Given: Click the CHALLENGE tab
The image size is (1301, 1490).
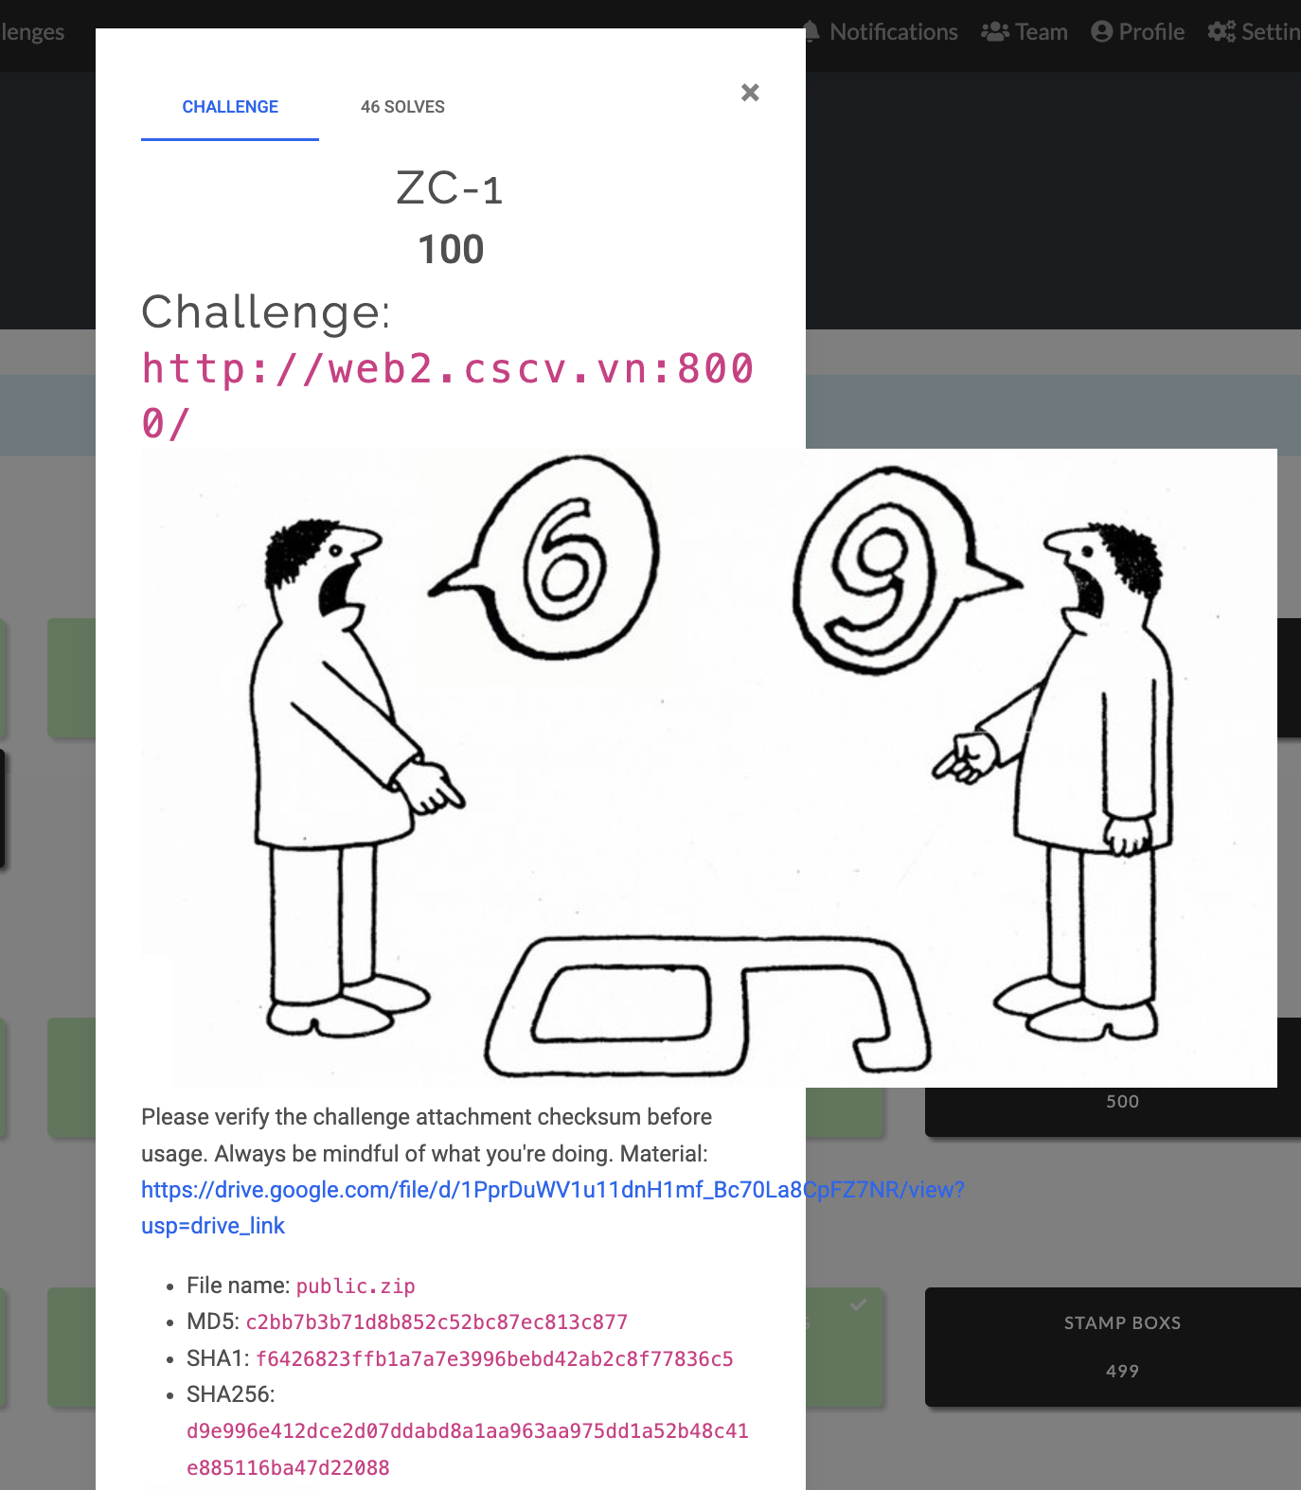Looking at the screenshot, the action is tap(230, 107).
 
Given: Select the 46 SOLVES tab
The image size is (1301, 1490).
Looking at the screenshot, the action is tap(402, 107).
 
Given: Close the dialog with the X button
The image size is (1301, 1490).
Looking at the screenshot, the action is tap(750, 92).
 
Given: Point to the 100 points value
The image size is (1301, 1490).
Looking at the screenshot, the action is tap(451, 249).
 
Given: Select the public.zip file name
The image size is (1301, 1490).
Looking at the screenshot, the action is tap(356, 1286).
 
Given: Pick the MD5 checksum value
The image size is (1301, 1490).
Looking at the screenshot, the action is tap(437, 1321).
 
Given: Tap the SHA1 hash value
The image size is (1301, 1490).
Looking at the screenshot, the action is tap(494, 1358).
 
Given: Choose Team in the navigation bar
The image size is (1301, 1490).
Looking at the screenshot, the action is tap(1025, 32).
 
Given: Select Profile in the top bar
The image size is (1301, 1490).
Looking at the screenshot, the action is tap(1138, 32).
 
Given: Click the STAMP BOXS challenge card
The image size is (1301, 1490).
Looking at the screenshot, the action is tap(1114, 1346).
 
